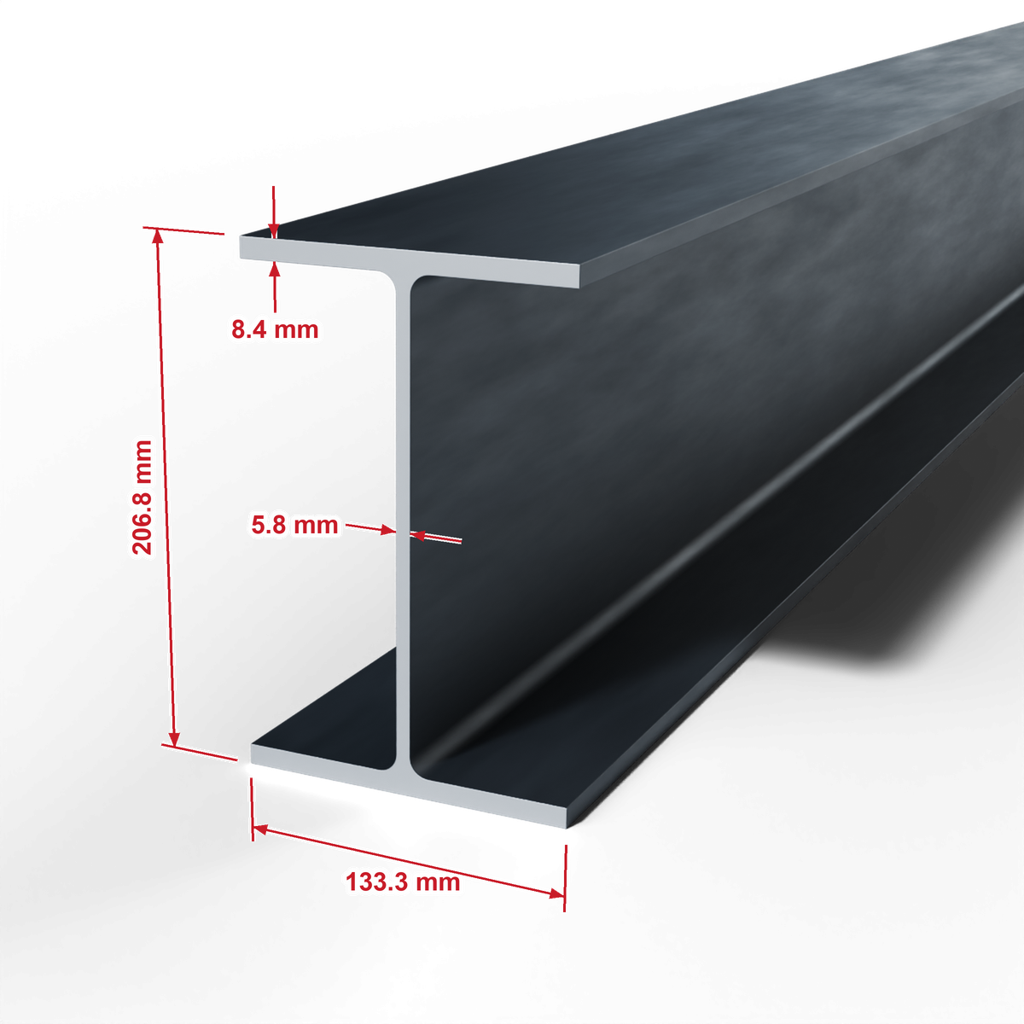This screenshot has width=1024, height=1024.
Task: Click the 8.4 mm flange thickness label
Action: coord(275,329)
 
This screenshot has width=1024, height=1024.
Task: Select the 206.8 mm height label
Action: coord(143,497)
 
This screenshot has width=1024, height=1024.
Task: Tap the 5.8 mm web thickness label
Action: coord(294,525)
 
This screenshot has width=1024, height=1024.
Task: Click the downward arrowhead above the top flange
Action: coord(274,230)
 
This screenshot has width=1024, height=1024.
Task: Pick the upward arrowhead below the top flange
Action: coord(274,270)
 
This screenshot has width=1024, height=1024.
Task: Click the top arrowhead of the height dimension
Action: coord(157,237)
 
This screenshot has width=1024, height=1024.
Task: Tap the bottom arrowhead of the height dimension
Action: coord(174,739)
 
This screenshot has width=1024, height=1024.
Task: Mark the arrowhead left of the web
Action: coord(388,530)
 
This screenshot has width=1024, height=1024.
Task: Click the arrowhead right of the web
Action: coord(417,536)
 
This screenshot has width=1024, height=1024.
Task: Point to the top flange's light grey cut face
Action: coord(410,261)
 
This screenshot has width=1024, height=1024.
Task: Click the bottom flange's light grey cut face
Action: coord(410,785)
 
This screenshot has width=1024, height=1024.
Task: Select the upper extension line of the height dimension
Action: coord(183,230)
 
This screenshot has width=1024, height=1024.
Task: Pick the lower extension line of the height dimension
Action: coord(200,752)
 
